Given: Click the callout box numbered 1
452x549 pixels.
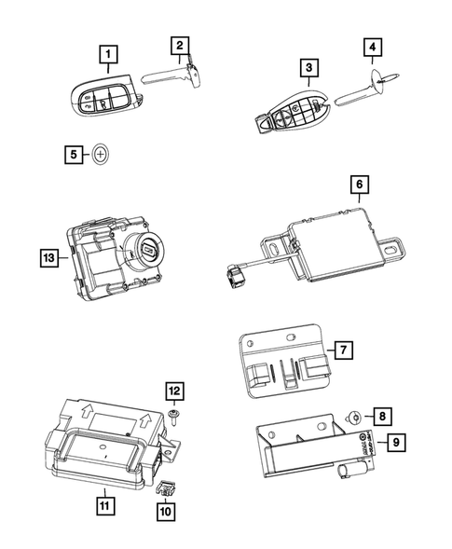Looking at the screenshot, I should point(110,54).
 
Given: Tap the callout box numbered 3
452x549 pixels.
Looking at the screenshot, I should point(306,68).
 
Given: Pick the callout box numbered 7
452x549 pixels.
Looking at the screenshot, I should point(343,350).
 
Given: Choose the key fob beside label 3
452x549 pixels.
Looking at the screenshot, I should point(293,111).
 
